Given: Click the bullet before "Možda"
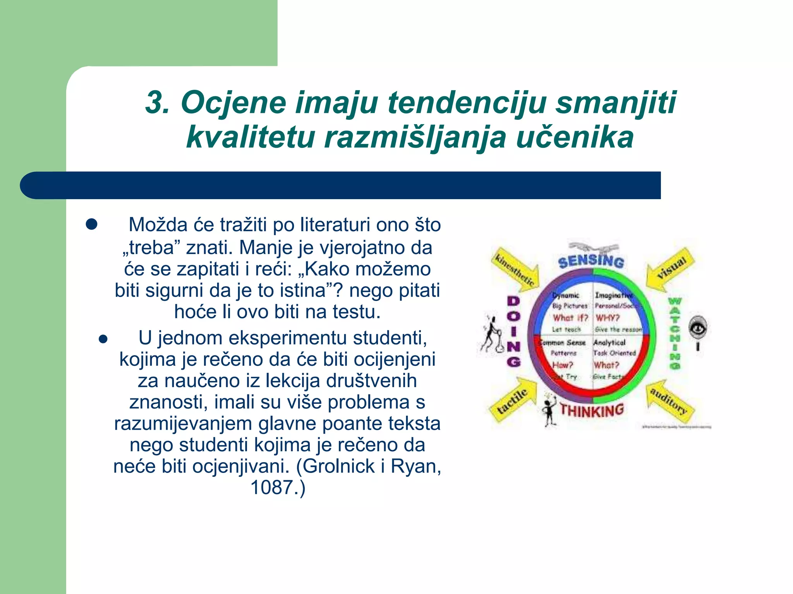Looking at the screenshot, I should [92, 224].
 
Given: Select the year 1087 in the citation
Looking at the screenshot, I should [272, 487].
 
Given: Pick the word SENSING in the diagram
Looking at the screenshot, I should [591, 261].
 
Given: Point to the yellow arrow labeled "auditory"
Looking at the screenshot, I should [670, 402].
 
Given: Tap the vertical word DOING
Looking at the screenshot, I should [514, 331].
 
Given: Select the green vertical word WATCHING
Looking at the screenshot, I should [675, 333].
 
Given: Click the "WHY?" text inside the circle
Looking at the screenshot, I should [608, 318].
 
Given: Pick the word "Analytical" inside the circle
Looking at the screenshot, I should [609, 343].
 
